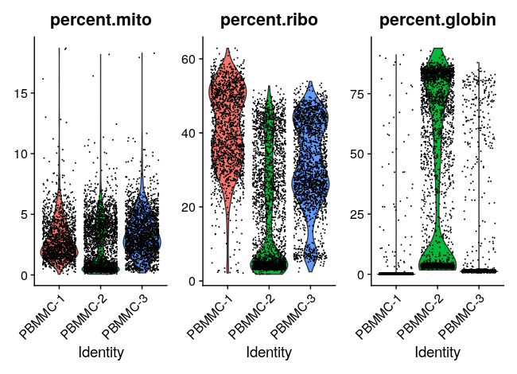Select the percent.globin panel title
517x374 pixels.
point(437,21)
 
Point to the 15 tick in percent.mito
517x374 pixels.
point(28,93)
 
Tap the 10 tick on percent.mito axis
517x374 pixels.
point(28,154)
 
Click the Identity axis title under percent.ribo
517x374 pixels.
point(268,352)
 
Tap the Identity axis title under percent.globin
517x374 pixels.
point(437,352)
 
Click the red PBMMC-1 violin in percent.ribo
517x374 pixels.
point(227,119)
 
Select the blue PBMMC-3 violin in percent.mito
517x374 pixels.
point(142,239)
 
